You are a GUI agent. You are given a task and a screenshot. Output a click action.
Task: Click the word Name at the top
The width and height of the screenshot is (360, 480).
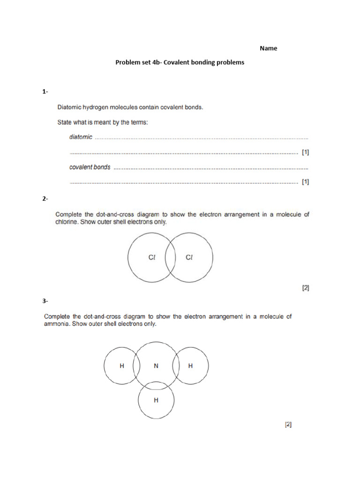point(268,48)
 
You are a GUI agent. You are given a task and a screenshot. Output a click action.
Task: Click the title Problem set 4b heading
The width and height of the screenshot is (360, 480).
point(180,62)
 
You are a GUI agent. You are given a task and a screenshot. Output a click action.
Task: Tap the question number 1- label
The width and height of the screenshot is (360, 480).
point(45,92)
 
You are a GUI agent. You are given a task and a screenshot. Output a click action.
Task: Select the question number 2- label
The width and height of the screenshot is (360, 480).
point(45,199)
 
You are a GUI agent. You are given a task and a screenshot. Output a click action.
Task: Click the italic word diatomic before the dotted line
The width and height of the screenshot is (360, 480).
point(81,137)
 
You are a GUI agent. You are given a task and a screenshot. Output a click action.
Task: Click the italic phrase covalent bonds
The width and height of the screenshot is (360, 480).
point(90,167)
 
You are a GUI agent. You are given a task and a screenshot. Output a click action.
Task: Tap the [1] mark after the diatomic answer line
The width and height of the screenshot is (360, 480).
point(305,152)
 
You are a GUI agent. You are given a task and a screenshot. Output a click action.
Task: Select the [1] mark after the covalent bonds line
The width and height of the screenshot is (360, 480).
point(305,182)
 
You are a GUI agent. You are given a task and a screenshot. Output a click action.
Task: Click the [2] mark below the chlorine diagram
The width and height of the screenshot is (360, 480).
point(305,288)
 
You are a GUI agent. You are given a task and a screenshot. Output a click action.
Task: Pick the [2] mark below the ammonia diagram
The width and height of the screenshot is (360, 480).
point(288,425)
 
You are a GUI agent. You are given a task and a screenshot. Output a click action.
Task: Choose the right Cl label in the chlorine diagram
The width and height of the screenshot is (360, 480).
point(189,257)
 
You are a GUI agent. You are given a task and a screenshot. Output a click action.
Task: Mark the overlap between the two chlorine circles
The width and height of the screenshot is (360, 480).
point(170,258)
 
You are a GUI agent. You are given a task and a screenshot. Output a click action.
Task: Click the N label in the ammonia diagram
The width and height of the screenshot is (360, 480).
point(156,366)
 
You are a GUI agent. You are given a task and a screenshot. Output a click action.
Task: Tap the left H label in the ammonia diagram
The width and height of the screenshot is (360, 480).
point(122,366)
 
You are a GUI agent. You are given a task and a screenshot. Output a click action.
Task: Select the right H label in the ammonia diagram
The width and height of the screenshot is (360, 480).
point(190,366)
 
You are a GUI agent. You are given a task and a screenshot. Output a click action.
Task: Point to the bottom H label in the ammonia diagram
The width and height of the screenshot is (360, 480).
point(156,400)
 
